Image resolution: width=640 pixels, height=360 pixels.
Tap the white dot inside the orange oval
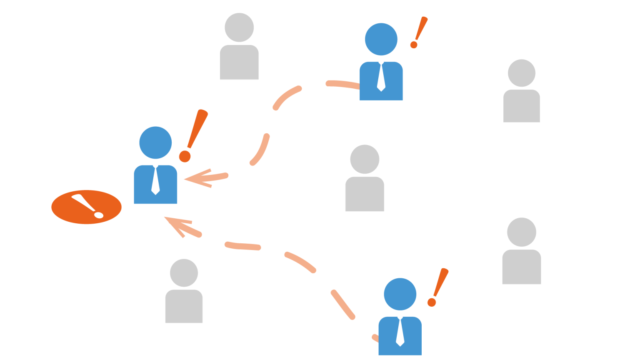pyautogui.click(x=99, y=215)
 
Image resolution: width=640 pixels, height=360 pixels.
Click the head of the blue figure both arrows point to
pyautogui.click(x=155, y=142)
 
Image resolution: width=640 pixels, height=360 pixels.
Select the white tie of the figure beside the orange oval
pyautogui.click(x=155, y=180)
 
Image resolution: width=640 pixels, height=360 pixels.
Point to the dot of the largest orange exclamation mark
pyautogui.click(x=185, y=156)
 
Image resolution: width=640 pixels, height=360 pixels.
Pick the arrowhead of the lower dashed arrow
pyautogui.click(x=177, y=225)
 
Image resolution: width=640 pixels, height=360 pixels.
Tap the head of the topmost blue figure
pyautogui.click(x=381, y=39)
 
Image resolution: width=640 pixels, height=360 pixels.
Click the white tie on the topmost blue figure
pyautogui.click(x=381, y=77)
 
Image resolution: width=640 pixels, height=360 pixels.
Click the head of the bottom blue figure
pyautogui.click(x=400, y=294)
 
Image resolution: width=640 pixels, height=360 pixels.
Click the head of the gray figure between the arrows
pyautogui.click(x=365, y=159)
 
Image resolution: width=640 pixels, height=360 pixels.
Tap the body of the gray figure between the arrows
pyautogui.click(x=365, y=194)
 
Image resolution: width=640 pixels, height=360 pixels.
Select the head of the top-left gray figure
pyautogui.click(x=239, y=27)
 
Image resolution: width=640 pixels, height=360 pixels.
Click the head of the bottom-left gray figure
pyautogui.click(x=184, y=273)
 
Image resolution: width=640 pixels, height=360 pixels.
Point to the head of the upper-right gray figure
pyautogui.click(x=522, y=73)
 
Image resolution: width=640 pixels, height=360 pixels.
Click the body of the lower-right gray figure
pyautogui.click(x=522, y=267)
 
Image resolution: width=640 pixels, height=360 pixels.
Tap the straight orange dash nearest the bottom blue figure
pyautogui.click(x=342, y=305)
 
